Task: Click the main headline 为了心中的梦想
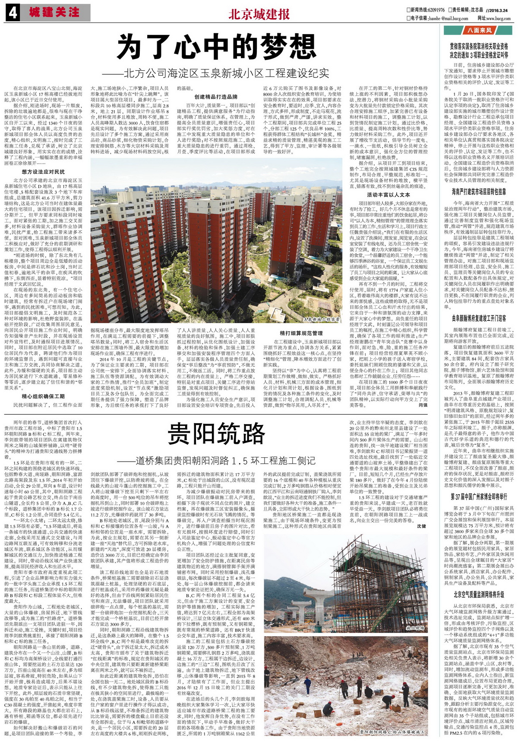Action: tap(217, 47)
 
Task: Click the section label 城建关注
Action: tap(55, 13)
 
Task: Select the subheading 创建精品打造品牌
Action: tap(216, 97)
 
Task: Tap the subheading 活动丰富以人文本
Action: tap(388, 195)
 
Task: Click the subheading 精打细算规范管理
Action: tap(301, 333)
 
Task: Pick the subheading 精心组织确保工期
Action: tap(43, 396)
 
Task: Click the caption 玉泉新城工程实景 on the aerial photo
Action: tap(322, 319)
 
